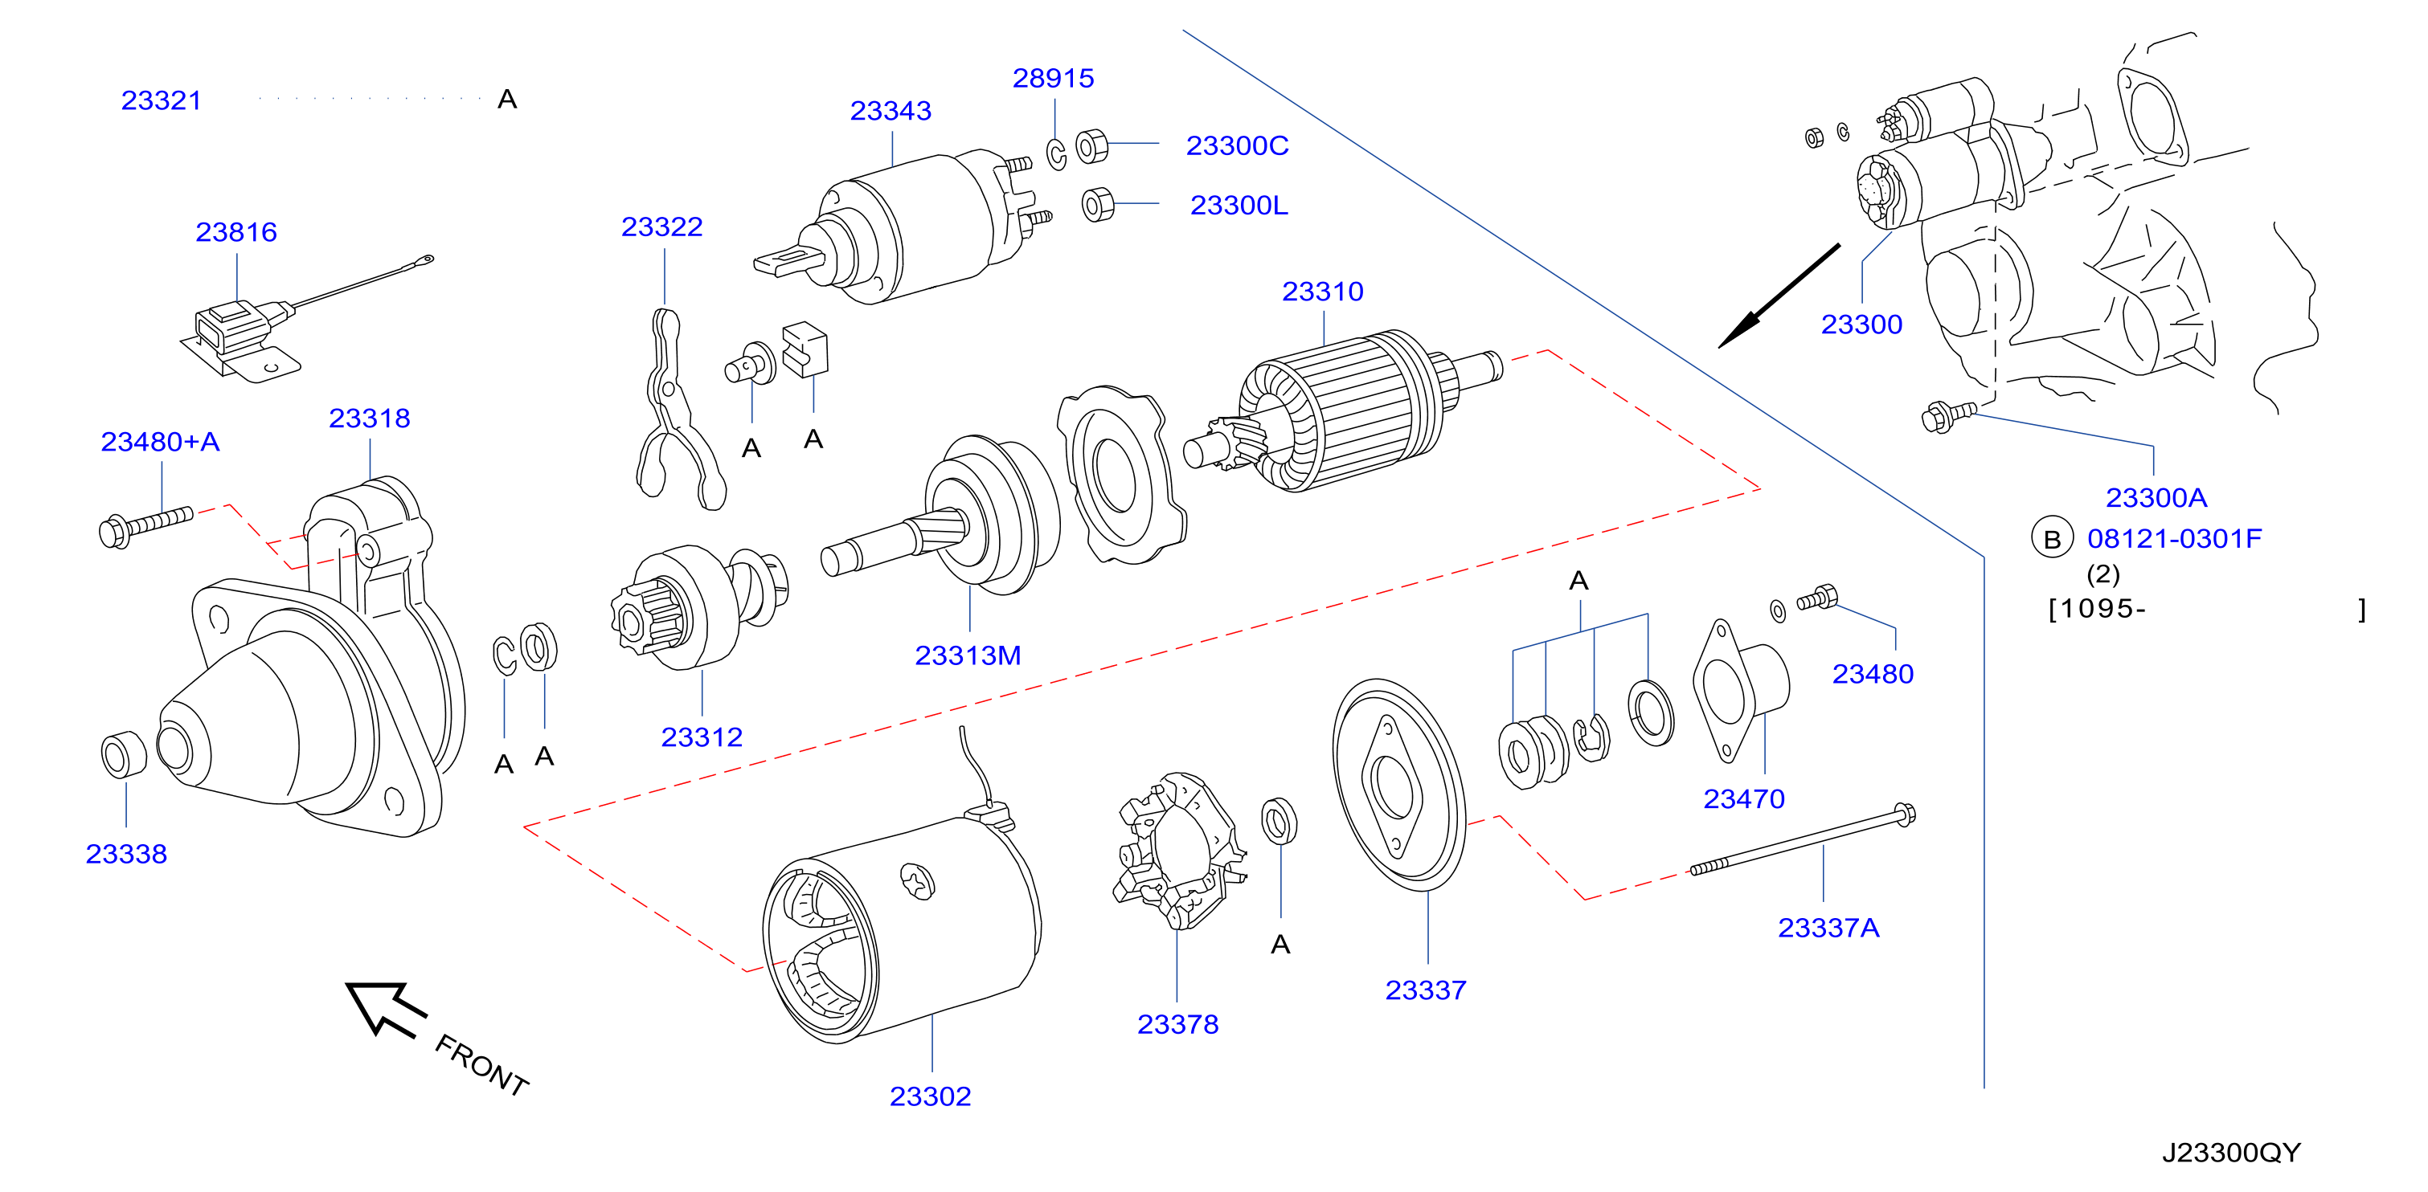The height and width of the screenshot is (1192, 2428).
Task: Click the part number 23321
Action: click(162, 100)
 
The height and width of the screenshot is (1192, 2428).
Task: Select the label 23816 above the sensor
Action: click(235, 232)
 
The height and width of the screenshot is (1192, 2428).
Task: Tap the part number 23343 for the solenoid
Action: click(891, 110)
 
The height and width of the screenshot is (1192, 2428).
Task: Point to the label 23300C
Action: click(1237, 145)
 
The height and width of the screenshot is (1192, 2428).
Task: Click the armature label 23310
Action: click(1322, 291)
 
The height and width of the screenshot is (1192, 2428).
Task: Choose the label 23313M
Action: click(968, 655)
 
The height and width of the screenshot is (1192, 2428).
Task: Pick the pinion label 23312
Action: click(702, 737)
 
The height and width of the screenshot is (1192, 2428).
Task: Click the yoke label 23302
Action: click(931, 1096)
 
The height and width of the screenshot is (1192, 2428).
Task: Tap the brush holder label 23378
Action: click(1178, 1024)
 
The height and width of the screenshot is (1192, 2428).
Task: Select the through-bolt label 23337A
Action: click(1828, 929)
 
